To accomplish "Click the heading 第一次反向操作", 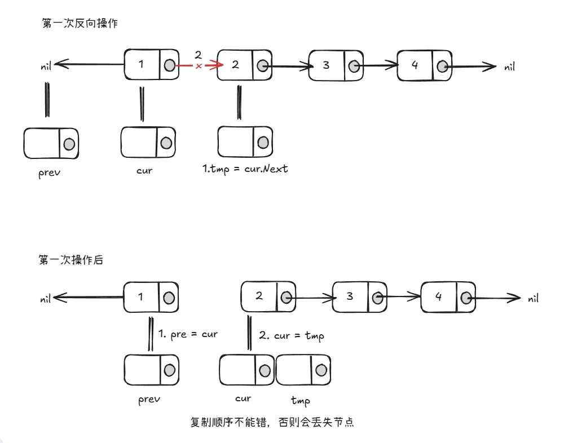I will (80, 23).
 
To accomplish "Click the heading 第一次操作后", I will (72, 260).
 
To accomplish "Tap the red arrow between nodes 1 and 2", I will (197, 66).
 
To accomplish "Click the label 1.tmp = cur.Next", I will (245, 168).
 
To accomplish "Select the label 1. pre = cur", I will (188, 334).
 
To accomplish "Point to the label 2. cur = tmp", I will (292, 335).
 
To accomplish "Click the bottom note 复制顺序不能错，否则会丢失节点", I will (272, 422).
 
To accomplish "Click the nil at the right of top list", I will (509, 67).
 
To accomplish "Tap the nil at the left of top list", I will (46, 66).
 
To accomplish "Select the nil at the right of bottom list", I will (533, 299).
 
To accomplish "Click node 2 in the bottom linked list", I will (268, 296).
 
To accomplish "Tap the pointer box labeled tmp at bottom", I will (303, 370).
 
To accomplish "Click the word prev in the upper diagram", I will (50, 172).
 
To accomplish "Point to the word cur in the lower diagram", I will (243, 398).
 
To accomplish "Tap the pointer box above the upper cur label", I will (147, 143).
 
